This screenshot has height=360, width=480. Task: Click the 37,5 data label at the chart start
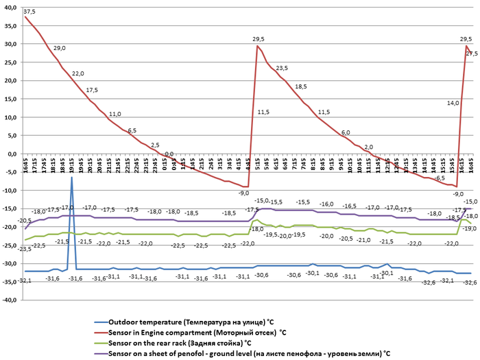29,12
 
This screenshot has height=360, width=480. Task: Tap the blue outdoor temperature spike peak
71,178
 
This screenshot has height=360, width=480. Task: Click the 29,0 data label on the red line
60,48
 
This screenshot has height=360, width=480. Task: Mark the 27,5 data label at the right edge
472,53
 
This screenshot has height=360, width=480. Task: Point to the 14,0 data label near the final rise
453,103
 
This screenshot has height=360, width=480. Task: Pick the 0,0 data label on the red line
169,154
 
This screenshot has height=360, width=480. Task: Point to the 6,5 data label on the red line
132,130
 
